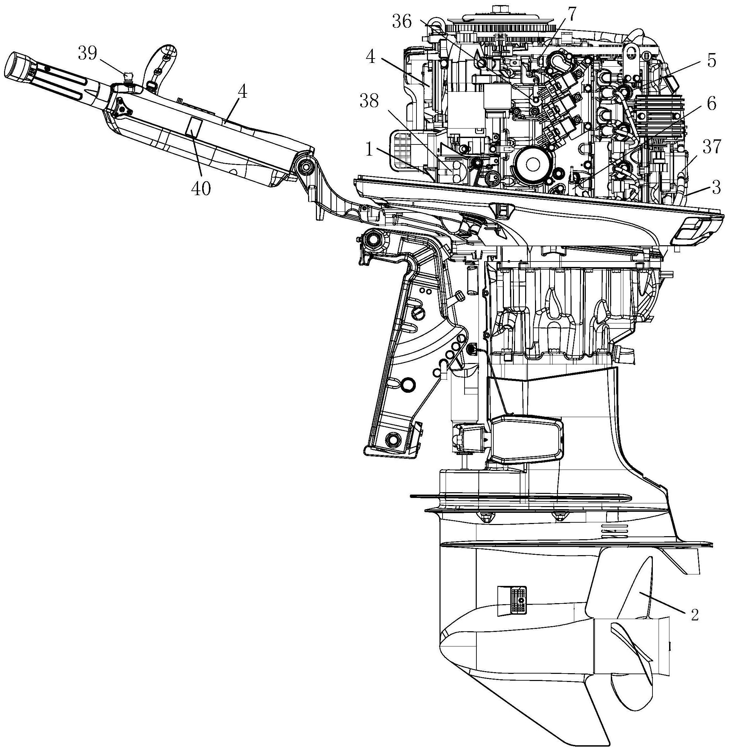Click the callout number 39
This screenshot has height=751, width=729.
(x=88, y=54)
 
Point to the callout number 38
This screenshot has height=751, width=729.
(x=369, y=101)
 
